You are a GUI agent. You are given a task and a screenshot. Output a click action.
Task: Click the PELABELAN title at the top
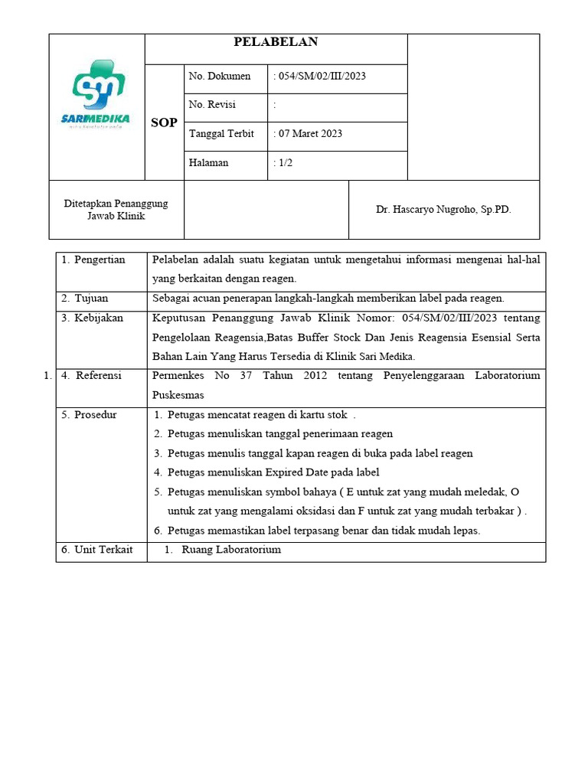[276, 42]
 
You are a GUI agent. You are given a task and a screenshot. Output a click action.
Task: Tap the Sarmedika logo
[96, 94]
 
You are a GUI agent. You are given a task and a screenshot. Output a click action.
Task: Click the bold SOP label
[165, 122]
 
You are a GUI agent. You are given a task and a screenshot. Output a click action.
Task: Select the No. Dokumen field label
[220, 77]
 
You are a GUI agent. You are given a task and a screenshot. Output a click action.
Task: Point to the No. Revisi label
[212, 105]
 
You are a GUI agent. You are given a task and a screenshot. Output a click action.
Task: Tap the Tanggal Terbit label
[221, 134]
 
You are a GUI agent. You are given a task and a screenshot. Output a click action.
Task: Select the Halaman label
[208, 163]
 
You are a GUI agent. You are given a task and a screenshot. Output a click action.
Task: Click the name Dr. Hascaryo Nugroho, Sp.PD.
[443, 209]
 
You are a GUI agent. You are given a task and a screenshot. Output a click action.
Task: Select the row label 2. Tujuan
[86, 298]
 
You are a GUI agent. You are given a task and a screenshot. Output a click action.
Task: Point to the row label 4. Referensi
[93, 375]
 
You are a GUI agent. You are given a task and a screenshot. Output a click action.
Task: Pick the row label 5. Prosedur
[90, 414]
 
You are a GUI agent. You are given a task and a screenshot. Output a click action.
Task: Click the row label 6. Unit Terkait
[97, 550]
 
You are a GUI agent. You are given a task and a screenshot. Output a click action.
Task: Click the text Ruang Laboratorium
[231, 550]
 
